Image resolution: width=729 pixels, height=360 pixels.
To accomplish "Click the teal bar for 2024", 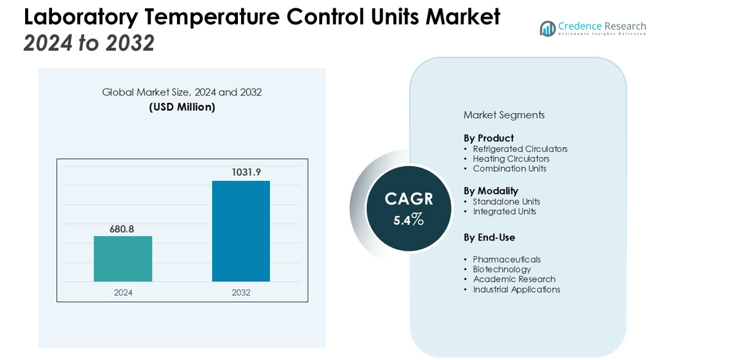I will (x=123, y=259).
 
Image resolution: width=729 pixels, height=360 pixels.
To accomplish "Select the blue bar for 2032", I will (x=241, y=231).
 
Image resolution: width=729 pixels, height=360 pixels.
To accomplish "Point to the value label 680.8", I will (x=122, y=229).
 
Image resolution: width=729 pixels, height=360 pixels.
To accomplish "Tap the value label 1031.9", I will (x=246, y=172).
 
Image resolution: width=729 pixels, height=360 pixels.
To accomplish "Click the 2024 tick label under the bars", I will (x=123, y=293).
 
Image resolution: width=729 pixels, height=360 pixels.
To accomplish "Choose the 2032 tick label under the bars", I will (x=241, y=293).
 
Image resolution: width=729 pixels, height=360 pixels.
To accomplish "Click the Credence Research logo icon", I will (x=548, y=28).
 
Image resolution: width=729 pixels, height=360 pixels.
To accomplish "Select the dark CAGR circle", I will (x=409, y=209).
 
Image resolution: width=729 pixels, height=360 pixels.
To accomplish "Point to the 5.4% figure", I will (x=409, y=220).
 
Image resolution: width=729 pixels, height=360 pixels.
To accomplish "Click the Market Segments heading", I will (x=504, y=115).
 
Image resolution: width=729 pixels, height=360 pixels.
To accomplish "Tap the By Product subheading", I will (x=489, y=138).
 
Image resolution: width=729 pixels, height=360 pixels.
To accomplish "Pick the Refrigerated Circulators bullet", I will (x=520, y=149).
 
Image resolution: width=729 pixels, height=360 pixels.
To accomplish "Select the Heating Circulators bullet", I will (x=511, y=159).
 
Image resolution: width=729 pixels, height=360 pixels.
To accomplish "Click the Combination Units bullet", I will (x=509, y=168).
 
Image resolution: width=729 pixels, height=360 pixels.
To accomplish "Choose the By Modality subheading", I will (x=490, y=191).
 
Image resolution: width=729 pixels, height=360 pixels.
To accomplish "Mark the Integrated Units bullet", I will (x=504, y=212).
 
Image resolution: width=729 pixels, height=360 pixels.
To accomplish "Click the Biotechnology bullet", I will (x=502, y=270).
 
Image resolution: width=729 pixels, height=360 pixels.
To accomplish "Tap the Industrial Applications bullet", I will (x=516, y=290).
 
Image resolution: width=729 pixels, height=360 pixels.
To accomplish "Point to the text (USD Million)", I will (x=182, y=107).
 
